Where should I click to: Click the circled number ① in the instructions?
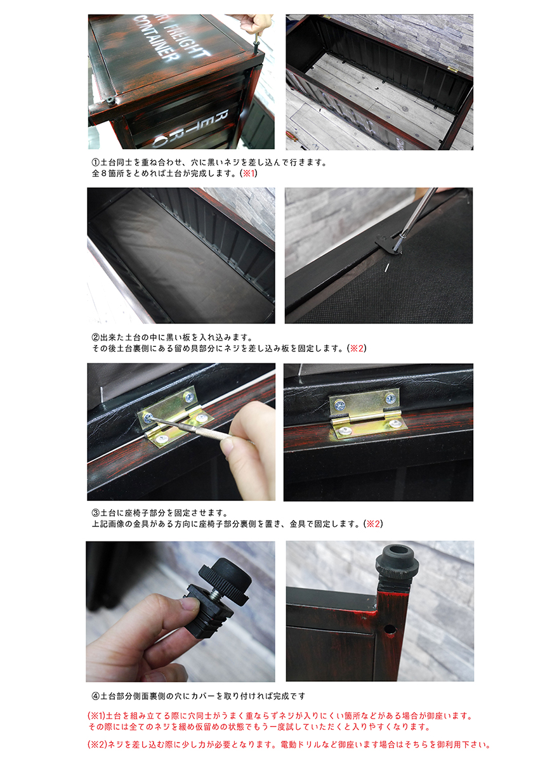coord(96,162)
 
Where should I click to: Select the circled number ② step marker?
coord(96,337)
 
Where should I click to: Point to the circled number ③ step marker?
coord(96,512)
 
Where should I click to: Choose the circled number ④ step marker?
coord(96,696)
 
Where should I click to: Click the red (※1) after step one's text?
coord(249,173)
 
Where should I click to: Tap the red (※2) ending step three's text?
coord(373,524)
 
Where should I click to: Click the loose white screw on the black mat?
coord(387,269)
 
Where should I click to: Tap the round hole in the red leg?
coord(390,631)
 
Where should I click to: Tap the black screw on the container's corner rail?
coord(109,100)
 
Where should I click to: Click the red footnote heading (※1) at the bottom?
coord(97,715)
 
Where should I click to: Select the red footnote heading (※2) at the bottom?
coord(98,745)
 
